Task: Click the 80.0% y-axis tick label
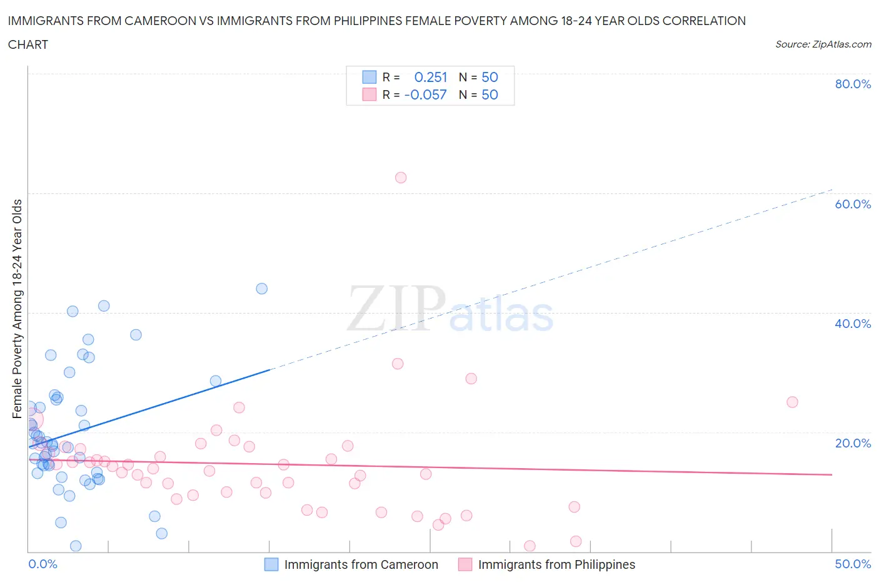coord(853,84)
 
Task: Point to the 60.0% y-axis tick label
coord(853,204)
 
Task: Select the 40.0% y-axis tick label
coord(853,324)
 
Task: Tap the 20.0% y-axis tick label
coord(853,443)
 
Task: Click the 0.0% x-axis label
coord(43,564)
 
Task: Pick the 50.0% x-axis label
coord(853,564)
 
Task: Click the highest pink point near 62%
coord(401,178)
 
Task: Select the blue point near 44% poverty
coord(262,288)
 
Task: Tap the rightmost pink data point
coord(792,402)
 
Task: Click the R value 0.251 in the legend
coord(431,77)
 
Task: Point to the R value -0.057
coord(426,94)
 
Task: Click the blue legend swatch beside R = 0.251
coord(369,77)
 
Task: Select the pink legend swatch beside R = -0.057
coord(369,94)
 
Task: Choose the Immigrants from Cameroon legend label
coord(361,564)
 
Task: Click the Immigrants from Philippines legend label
coord(556,564)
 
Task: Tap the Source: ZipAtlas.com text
coord(823,44)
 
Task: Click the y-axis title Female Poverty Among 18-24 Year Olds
coord(18,309)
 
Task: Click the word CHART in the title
coord(28,44)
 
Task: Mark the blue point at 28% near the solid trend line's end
coord(216,381)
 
